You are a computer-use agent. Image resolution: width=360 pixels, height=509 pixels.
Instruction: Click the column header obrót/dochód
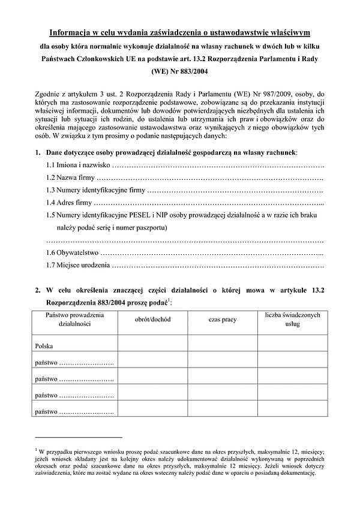pos(154,320)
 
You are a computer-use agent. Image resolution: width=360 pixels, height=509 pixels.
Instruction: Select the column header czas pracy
pos(223,320)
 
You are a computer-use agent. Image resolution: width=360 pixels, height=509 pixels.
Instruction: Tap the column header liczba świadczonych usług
pos(293,319)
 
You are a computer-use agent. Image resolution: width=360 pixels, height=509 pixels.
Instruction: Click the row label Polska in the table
pos(44,346)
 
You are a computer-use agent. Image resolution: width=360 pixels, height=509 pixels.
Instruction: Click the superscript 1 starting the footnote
pos(37,448)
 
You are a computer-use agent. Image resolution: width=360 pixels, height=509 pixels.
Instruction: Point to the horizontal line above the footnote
pos(78,438)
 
